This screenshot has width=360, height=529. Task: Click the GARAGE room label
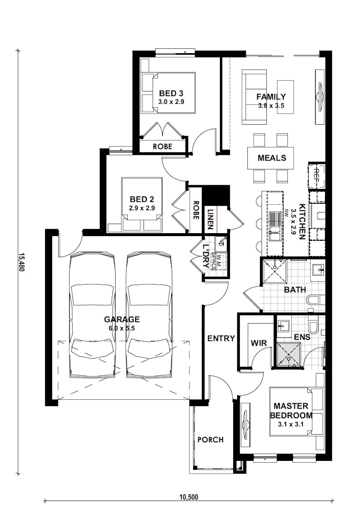[122, 320]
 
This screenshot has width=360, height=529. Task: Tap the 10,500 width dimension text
[189, 497]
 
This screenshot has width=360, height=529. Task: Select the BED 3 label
[171, 94]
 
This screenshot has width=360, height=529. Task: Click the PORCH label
[210, 440]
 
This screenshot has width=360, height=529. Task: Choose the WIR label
[259, 343]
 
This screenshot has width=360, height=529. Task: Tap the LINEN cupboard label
[210, 219]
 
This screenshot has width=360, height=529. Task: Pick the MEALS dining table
[271, 158]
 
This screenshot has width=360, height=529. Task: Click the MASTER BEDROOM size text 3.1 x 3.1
[290, 424]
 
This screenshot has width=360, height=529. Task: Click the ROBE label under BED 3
[162, 146]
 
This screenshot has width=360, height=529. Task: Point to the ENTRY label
[221, 338]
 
